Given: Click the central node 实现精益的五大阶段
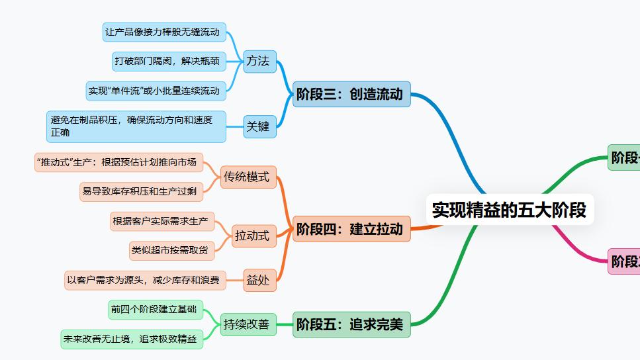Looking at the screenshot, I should [x=509, y=210].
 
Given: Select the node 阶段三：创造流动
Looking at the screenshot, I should [x=351, y=94].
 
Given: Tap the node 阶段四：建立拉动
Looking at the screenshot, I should [x=351, y=229].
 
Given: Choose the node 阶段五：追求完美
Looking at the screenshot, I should [x=351, y=324].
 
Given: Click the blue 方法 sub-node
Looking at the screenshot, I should [x=258, y=61].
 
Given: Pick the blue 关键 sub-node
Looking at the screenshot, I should [x=258, y=126].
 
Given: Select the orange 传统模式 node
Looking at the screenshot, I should [x=247, y=177].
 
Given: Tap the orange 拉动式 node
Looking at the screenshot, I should [x=253, y=235].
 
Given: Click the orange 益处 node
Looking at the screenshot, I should [x=258, y=280].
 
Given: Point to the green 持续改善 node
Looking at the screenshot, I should [x=247, y=324].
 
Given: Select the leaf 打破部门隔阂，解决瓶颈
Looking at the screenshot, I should [x=169, y=61].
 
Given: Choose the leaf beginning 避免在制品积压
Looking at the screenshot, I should [x=136, y=126].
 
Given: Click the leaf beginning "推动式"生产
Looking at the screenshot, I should [x=119, y=161].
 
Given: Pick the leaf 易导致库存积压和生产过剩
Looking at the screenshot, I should [x=141, y=191].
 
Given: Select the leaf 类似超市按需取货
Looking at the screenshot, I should [x=170, y=250].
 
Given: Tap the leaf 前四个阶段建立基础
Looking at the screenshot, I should [x=156, y=309].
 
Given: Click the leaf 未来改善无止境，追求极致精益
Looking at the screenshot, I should [x=132, y=339].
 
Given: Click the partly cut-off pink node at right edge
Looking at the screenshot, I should [x=624, y=261].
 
